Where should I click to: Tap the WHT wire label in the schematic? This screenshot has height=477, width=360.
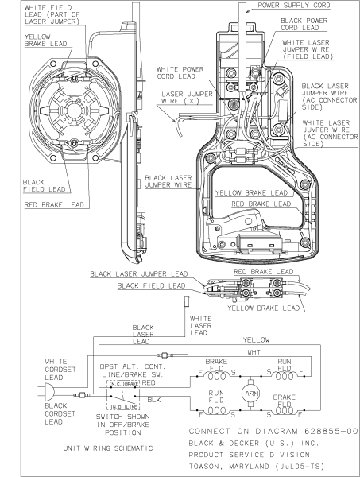(252, 351)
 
